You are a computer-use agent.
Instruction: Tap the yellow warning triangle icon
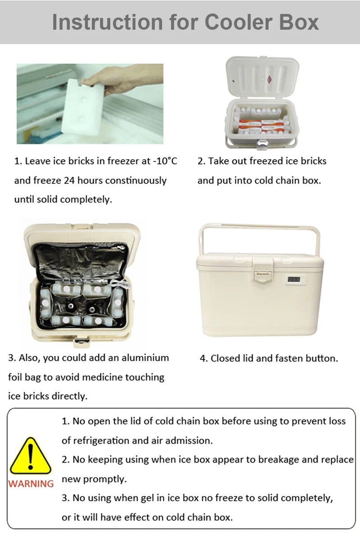point(30,456)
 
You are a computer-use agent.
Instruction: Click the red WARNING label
point(31,484)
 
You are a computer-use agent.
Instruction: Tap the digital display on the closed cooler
point(294,279)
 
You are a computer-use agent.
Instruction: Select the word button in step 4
point(320,358)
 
